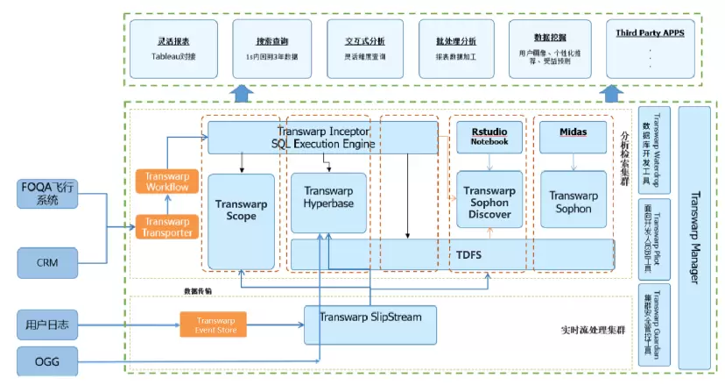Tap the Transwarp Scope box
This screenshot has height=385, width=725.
click(x=239, y=208)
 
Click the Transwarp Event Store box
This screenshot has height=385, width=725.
click(x=214, y=325)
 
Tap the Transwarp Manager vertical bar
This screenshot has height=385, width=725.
click(x=696, y=237)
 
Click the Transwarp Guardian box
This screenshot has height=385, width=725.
click(x=656, y=324)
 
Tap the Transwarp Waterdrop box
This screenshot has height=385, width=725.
click(x=656, y=150)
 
